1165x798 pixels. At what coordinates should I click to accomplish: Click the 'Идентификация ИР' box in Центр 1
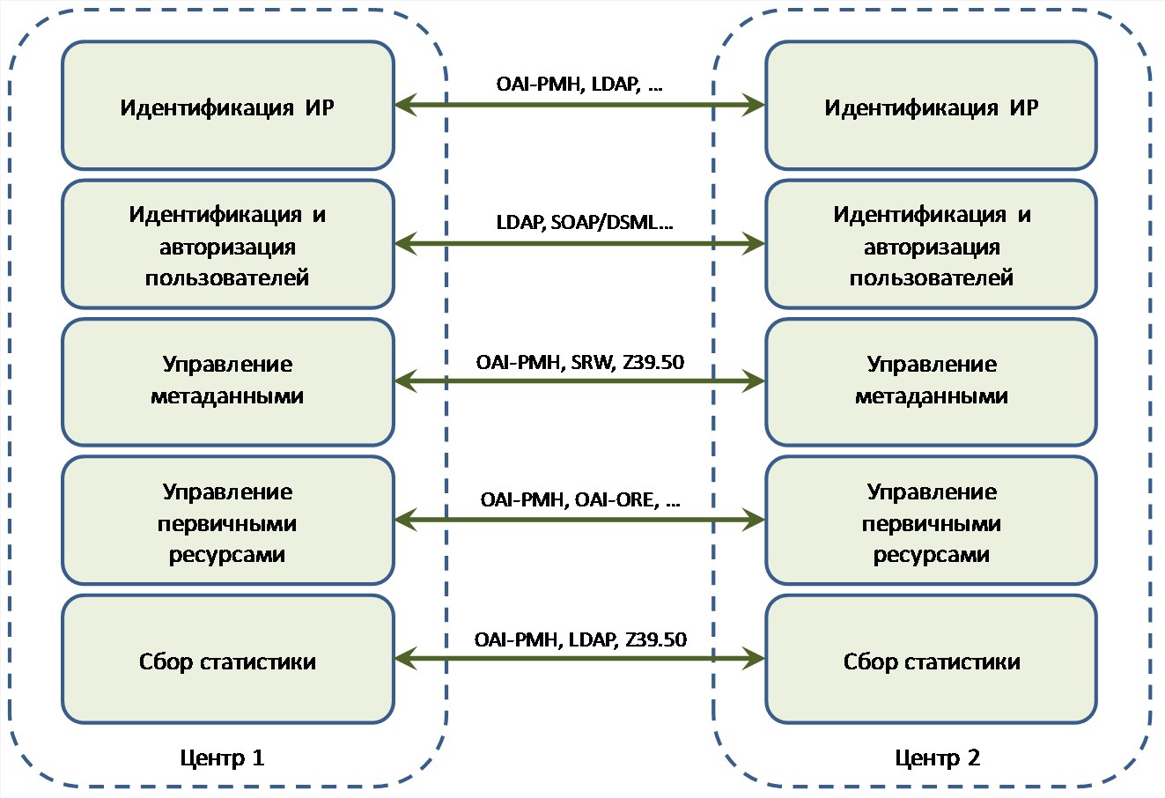[228, 106]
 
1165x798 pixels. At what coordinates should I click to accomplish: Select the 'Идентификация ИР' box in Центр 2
[932, 106]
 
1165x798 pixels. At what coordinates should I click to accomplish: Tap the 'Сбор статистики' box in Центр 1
[228, 660]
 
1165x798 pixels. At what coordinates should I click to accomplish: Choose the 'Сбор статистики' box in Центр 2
[932, 660]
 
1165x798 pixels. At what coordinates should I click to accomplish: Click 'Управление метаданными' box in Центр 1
[228, 382]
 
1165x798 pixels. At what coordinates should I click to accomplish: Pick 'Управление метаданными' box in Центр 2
[932, 382]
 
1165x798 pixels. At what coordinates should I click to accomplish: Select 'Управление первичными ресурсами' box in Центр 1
[228, 521]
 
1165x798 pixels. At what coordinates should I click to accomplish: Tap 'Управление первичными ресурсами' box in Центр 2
[932, 521]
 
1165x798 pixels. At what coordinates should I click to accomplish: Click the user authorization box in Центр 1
[228, 244]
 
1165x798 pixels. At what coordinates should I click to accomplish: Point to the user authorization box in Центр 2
[932, 244]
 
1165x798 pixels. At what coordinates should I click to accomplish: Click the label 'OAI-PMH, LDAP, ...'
[579, 85]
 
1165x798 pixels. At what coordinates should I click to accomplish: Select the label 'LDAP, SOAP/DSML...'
[585, 223]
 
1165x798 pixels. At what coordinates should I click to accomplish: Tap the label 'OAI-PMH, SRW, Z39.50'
[580, 362]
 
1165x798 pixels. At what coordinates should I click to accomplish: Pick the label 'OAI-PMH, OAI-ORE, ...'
[580, 500]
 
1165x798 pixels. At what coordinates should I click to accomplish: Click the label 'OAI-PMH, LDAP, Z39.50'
[580, 639]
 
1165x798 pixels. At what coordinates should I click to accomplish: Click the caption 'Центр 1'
[222, 758]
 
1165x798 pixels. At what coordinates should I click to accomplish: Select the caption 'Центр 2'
[937, 758]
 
